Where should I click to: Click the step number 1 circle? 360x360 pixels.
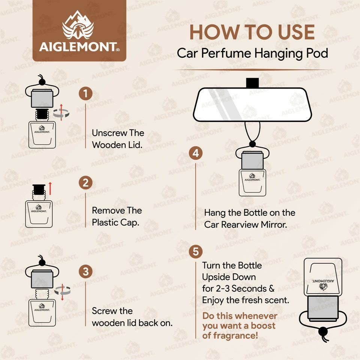[85, 93]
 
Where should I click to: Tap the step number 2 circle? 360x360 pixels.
[85, 183]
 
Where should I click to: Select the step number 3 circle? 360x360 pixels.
[85, 271]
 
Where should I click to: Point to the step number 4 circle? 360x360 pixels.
[196, 153]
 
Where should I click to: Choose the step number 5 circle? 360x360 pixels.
[196, 251]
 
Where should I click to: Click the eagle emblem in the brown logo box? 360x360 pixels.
[78, 25]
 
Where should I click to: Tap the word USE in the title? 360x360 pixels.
[296, 32]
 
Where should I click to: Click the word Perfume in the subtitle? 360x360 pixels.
[226, 53]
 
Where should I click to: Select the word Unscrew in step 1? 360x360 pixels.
[107, 133]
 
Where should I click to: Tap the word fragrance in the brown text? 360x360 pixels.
[236, 336]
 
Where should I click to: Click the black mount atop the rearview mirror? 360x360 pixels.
[252, 83]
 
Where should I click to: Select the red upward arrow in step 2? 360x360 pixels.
[50, 189]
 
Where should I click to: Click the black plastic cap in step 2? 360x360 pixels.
[39, 190]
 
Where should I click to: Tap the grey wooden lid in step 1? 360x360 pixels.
[42, 99]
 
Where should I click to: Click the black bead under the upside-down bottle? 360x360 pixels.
[323, 331]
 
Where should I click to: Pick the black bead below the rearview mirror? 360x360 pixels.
[252, 144]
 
